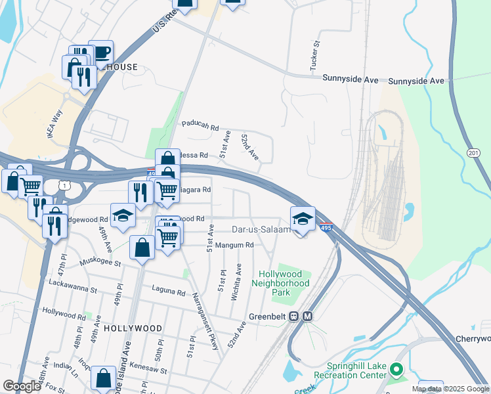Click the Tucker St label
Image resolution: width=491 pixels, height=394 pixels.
[315, 56]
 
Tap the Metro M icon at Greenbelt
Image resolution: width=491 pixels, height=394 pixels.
[307, 316]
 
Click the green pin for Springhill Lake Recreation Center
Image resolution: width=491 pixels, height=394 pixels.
[396, 370]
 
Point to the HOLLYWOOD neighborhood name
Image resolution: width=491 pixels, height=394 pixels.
[132, 328]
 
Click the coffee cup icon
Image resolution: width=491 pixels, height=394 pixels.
[101, 52]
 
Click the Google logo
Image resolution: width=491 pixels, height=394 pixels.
[22, 386]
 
